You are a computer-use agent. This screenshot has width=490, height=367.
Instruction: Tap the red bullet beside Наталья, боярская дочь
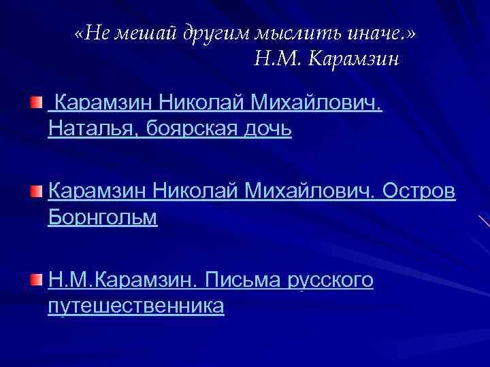35,103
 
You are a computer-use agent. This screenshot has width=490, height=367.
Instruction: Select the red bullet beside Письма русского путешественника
35,280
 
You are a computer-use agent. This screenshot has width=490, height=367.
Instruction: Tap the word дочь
269,128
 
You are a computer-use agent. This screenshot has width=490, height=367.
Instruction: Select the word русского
332,280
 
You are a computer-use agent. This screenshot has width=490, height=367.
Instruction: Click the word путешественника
136,306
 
